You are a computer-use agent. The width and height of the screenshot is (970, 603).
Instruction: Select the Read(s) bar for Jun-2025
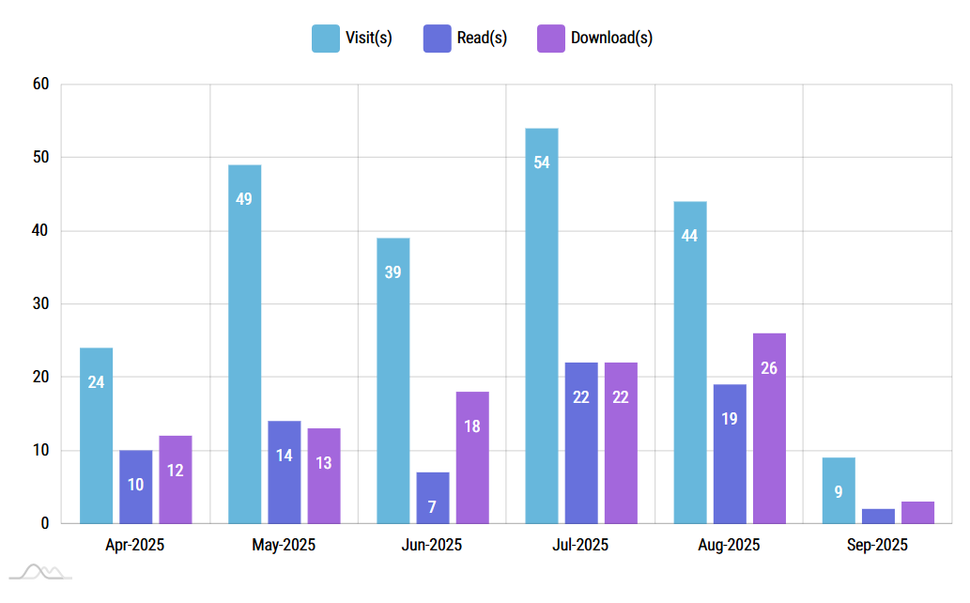[432, 498]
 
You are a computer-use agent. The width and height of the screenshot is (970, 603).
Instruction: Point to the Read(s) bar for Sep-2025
[878, 516]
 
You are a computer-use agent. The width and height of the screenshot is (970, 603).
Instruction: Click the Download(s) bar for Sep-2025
[917, 512]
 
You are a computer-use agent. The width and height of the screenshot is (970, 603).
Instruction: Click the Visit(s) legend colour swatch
[326, 39]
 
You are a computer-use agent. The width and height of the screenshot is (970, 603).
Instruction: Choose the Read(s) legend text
[482, 39]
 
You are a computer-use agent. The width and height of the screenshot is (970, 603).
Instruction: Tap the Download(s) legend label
[611, 39]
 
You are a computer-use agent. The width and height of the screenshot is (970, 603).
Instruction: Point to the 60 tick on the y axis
[40, 85]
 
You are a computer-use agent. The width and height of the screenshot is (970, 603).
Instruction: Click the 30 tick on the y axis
[40, 304]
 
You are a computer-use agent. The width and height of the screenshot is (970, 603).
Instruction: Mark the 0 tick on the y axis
[44, 523]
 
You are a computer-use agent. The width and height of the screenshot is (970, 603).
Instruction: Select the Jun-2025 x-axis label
[432, 545]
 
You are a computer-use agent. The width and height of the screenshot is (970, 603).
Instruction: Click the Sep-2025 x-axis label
[878, 545]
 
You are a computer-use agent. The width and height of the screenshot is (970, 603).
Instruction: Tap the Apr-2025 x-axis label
[135, 545]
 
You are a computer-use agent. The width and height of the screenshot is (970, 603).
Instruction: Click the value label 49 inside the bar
[244, 199]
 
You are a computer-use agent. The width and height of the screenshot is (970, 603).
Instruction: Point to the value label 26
[769, 368]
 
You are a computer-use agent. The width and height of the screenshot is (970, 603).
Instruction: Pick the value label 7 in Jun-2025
[432, 507]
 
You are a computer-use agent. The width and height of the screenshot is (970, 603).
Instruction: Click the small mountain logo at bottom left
[40, 572]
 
